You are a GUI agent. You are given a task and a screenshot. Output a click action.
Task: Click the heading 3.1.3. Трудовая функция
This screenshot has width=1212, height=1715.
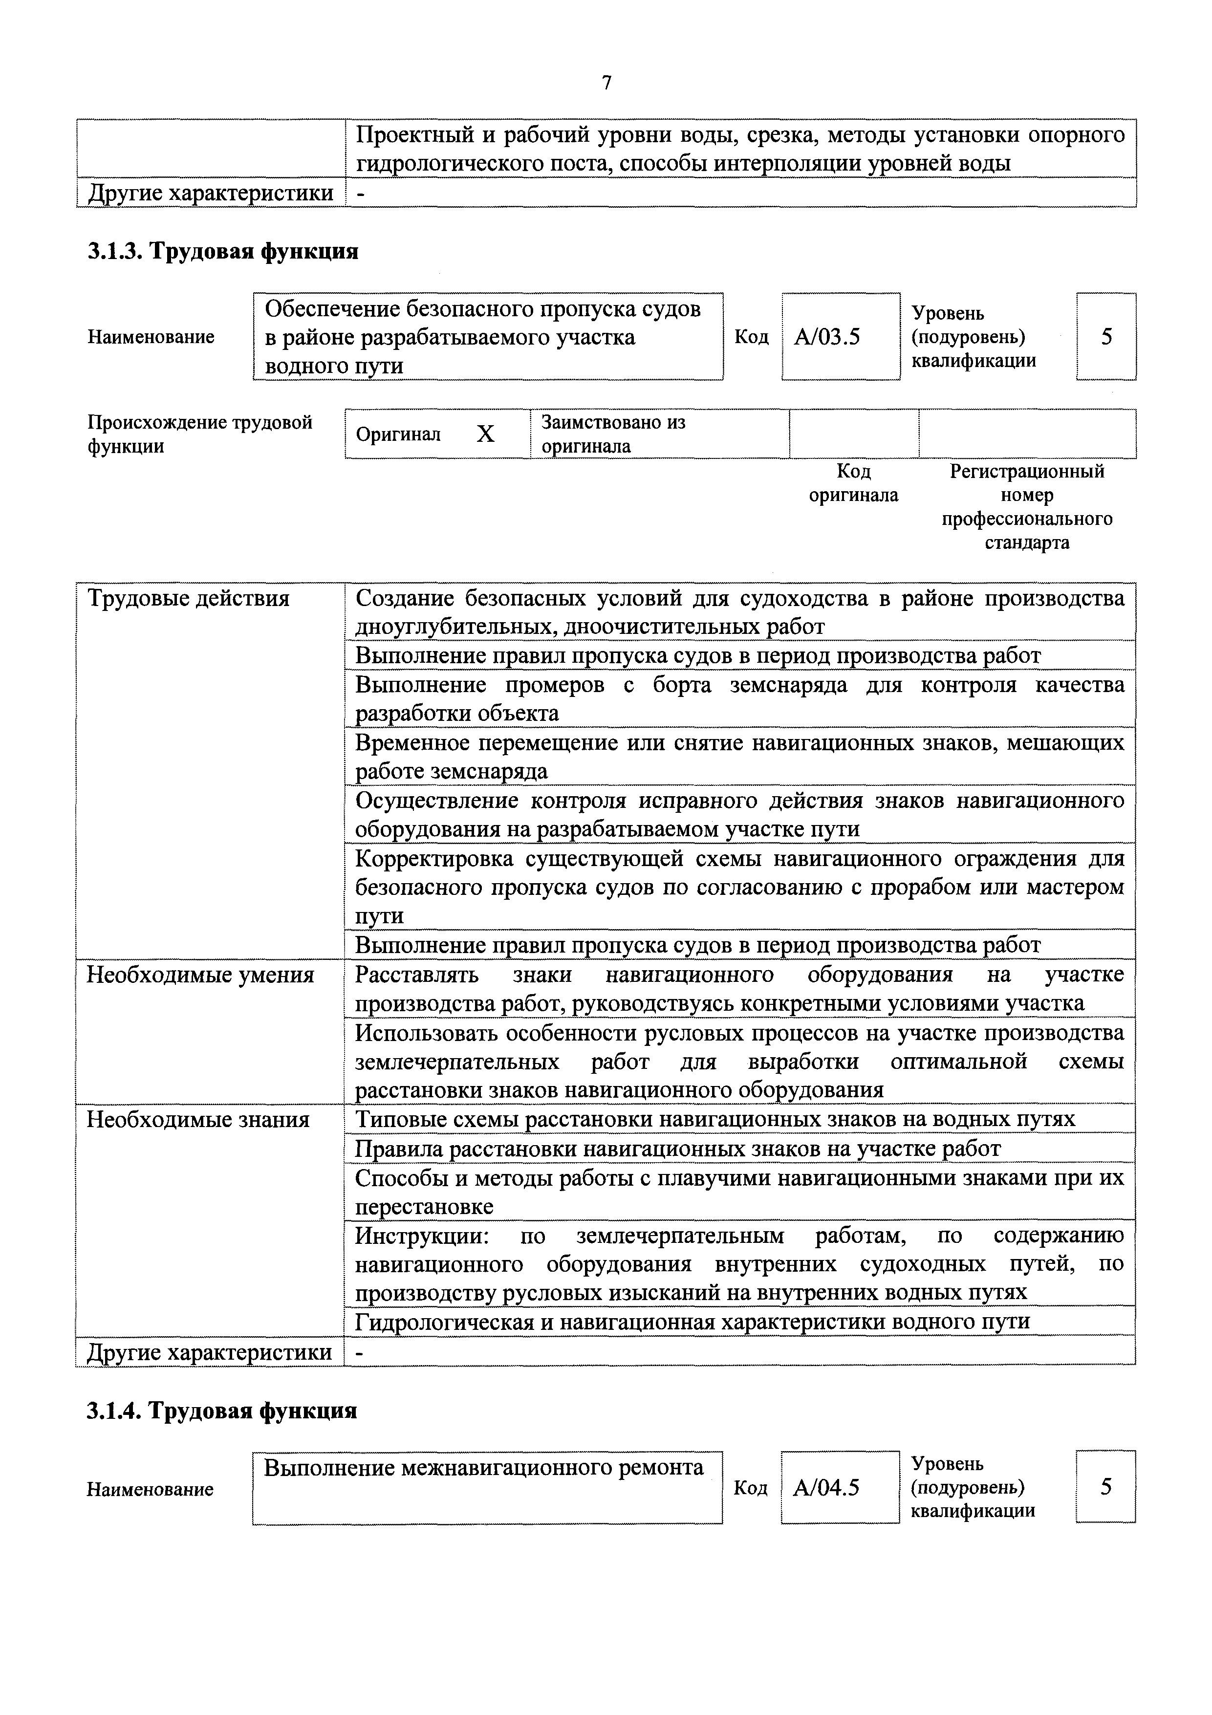tap(222, 252)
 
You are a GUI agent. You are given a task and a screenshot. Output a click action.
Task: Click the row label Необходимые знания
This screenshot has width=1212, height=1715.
tap(198, 1120)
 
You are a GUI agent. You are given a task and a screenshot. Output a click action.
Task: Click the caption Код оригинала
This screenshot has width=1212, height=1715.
tap(854, 483)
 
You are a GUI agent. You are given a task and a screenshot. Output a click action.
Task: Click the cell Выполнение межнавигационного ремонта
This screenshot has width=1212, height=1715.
tap(484, 1468)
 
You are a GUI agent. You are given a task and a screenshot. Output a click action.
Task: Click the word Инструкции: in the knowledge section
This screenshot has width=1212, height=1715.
tap(422, 1236)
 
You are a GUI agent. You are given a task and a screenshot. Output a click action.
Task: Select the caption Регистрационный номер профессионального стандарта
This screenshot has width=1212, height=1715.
tap(1027, 506)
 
